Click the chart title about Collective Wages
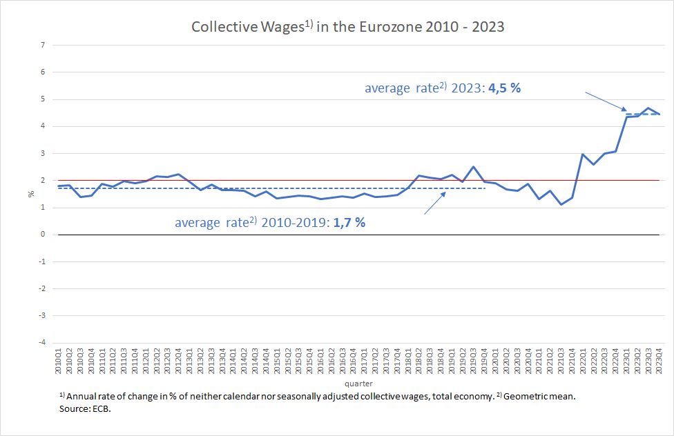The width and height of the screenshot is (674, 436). (347, 27)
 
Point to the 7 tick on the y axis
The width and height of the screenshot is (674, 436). (43, 46)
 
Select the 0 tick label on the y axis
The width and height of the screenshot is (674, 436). (43, 235)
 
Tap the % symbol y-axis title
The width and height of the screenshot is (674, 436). (30, 194)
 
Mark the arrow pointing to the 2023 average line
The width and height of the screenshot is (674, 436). (606, 102)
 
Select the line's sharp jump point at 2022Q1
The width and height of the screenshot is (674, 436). (583, 155)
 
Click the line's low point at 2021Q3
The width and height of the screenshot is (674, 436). (561, 204)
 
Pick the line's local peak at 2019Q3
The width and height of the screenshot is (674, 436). (473, 167)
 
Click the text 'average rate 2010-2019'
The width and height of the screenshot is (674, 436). (253, 223)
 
